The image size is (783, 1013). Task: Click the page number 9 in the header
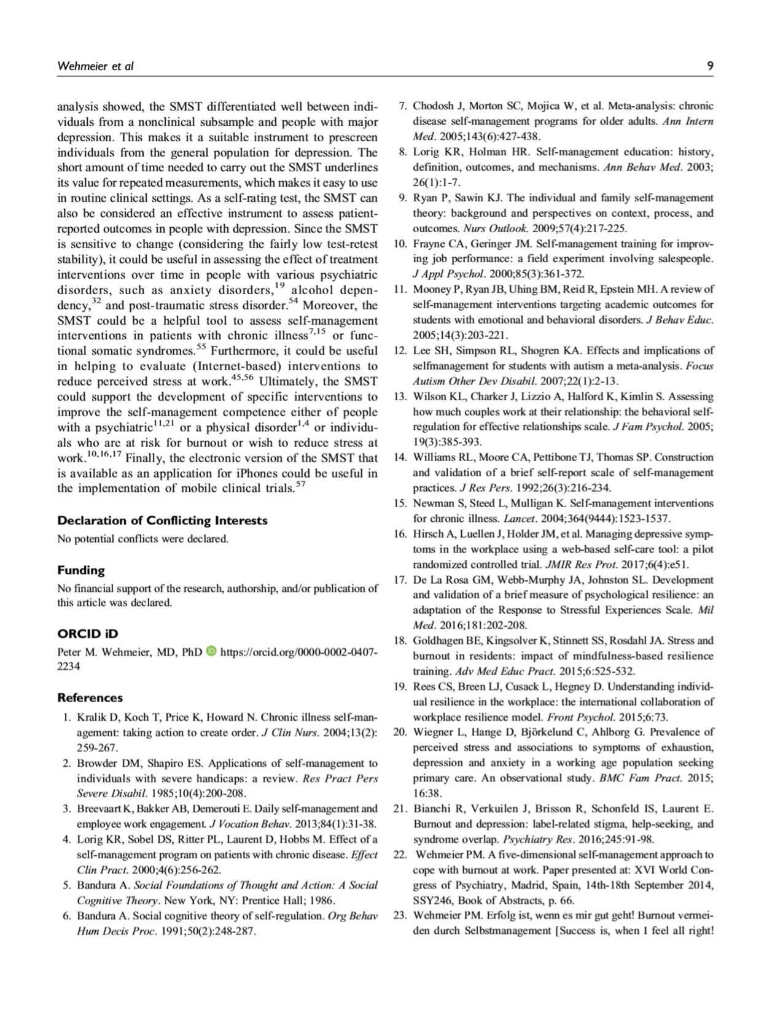pyautogui.click(x=709, y=66)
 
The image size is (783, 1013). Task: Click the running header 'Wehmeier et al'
pyautogui.click(x=95, y=66)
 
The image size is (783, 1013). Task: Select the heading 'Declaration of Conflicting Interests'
pyautogui.click(x=162, y=521)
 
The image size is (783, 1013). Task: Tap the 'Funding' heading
pyautogui.click(x=80, y=570)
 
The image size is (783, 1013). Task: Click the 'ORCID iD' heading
pyautogui.click(x=87, y=634)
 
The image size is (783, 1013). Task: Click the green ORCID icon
pyautogui.click(x=212, y=651)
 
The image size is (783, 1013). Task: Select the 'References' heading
pyautogui.click(x=90, y=698)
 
